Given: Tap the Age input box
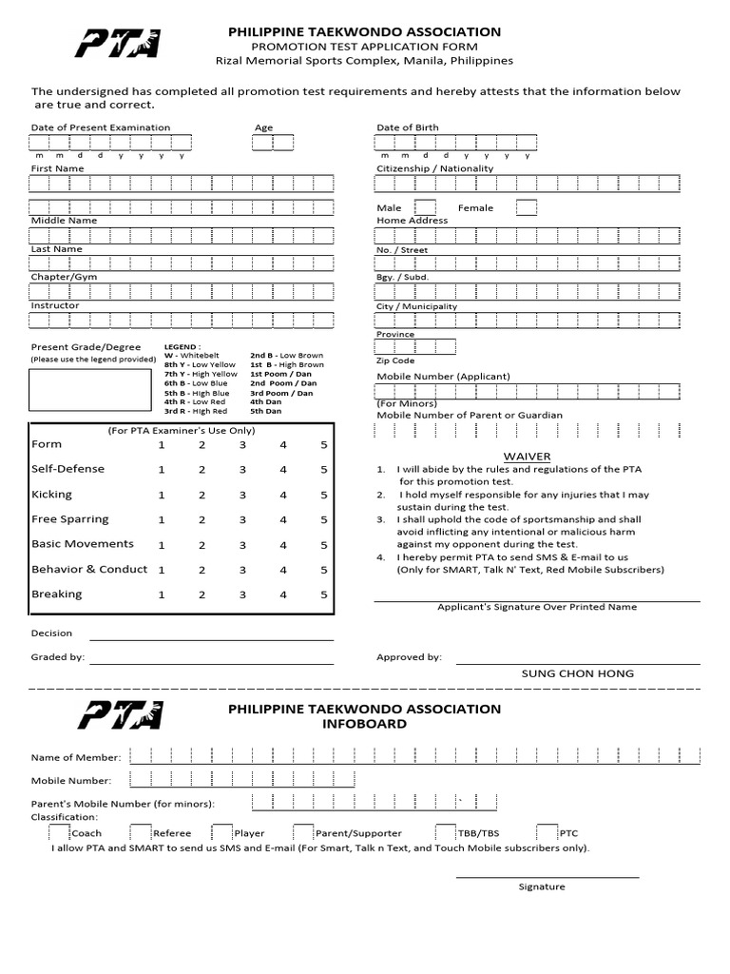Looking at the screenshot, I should pos(273,142).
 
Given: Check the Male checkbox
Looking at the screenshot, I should pos(426,207).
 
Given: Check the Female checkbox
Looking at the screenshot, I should pos(527,207).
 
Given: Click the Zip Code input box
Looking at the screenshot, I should pos(415,347).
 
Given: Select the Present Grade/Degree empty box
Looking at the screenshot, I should pos(90,390).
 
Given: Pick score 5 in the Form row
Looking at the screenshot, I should pos(324,445).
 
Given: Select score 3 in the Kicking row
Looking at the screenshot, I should pos(242,495).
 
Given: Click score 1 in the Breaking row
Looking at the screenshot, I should pos(162,594).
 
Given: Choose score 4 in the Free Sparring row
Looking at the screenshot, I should pos(283,520).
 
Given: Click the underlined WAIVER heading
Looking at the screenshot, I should pos(527,457).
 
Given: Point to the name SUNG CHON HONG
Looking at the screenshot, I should pos(577,673).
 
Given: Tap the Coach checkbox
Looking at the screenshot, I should pos(59,831).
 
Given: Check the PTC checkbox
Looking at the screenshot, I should pos(547,831).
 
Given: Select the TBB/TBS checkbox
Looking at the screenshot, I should pos(445,831).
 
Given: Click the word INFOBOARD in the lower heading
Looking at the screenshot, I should pos(365,724).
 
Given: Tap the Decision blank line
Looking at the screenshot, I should pos(211,633).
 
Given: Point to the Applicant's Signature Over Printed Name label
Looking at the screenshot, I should pos(537,607).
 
